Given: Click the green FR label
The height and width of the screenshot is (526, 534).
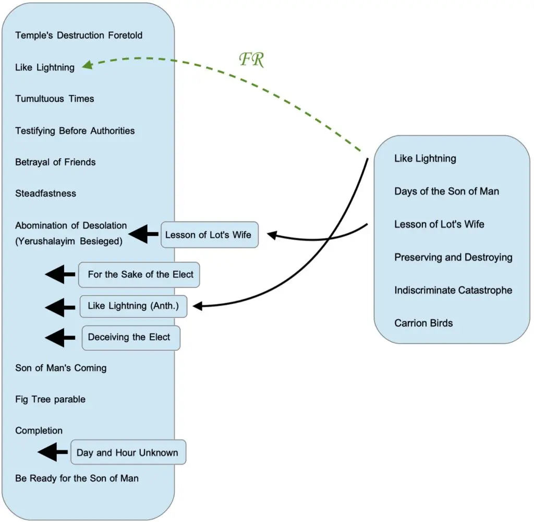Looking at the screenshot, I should pyautogui.click(x=252, y=59).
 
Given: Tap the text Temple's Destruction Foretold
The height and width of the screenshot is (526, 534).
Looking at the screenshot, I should pyautogui.click(x=79, y=35).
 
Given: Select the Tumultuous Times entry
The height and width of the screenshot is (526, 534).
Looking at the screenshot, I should pyautogui.click(x=55, y=99).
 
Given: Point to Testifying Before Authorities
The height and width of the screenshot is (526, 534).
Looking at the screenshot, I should pyautogui.click(x=75, y=130).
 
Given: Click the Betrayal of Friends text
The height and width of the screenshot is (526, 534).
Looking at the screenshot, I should pyautogui.click(x=55, y=162).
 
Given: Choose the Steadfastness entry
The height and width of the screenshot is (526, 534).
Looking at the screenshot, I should pyautogui.click(x=45, y=193).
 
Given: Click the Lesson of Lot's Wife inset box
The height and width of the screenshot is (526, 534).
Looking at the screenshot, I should pyautogui.click(x=209, y=235).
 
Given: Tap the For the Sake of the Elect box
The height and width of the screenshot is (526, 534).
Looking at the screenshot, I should pyautogui.click(x=140, y=274).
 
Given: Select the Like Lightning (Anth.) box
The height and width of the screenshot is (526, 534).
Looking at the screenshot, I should pyautogui.click(x=133, y=306).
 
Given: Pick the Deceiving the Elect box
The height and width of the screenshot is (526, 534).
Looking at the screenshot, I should pyautogui.click(x=130, y=338).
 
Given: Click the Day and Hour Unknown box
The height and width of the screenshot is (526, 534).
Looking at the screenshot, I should pyautogui.click(x=128, y=452).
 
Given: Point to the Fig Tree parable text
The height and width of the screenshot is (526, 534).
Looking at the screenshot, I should pyautogui.click(x=50, y=399).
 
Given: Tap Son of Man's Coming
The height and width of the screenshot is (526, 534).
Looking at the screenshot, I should pyautogui.click(x=60, y=368).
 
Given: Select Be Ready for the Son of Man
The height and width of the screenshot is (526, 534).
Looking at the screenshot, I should pyautogui.click(x=77, y=478).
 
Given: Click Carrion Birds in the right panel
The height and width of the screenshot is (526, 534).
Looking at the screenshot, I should pyautogui.click(x=423, y=323).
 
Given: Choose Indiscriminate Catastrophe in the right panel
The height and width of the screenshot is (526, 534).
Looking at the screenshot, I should pyautogui.click(x=453, y=290).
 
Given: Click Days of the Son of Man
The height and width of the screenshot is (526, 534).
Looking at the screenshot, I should pyautogui.click(x=446, y=191).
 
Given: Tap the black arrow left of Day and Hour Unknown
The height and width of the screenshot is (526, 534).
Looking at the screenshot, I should pyautogui.click(x=53, y=452).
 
